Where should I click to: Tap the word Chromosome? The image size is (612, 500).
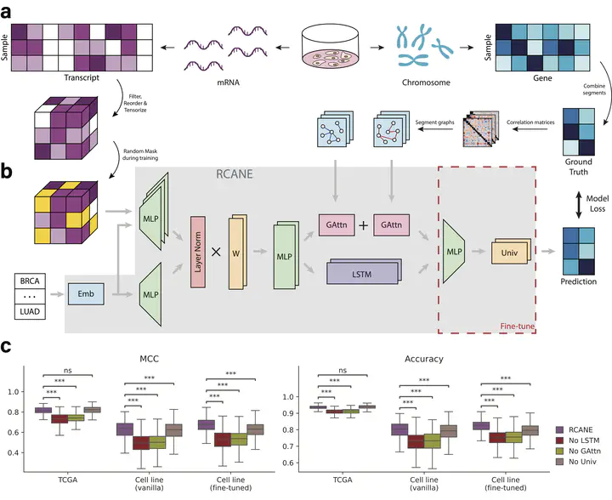pos(426,84)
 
